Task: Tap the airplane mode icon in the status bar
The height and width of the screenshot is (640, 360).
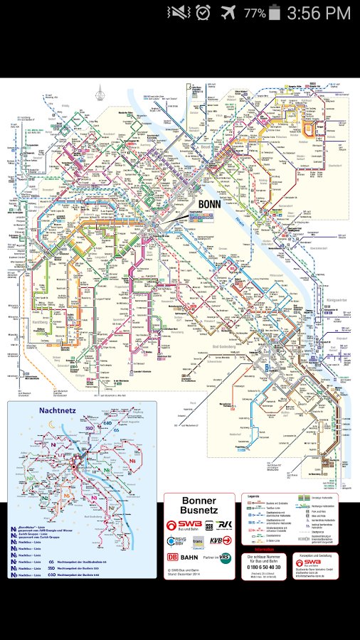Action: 228,13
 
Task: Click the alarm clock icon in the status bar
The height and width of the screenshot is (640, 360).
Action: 203,13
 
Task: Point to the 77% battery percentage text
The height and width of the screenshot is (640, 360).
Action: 254,13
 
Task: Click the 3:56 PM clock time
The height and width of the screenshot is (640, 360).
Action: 319,13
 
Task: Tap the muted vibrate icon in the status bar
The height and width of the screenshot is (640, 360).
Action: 178,13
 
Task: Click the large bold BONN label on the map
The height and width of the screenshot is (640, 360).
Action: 210,203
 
